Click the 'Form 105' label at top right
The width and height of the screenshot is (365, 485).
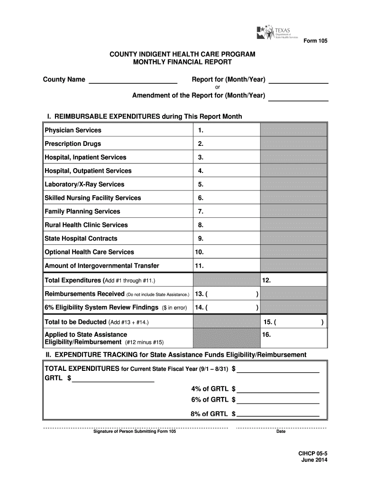(x=315, y=41)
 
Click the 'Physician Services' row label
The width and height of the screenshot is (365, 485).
(x=73, y=130)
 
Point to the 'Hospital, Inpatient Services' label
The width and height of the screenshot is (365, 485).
(x=85, y=157)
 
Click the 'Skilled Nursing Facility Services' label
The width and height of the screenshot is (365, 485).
(x=92, y=198)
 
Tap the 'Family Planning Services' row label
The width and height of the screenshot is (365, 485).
(x=82, y=211)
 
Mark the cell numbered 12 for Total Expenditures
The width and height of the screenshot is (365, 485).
(x=293, y=280)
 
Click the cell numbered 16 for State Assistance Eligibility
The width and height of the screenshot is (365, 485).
(x=293, y=338)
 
